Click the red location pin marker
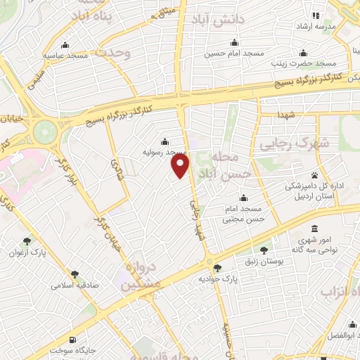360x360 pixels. [x=181, y=165]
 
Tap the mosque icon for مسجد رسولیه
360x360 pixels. [x=165, y=141]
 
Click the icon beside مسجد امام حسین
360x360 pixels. [x=231, y=42]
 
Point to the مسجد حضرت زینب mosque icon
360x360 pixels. [x=303, y=53]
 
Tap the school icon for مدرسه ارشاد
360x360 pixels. [x=316, y=15]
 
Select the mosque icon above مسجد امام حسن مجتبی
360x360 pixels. [x=243, y=198]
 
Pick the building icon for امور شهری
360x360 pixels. [x=314, y=229]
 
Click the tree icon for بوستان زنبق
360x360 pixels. [x=264, y=250]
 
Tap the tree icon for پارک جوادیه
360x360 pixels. [x=217, y=267]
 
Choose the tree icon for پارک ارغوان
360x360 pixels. [x=27, y=241]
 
